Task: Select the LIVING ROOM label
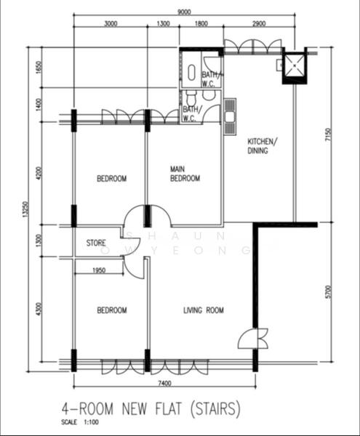pos(203,310)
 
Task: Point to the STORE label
pos(97,243)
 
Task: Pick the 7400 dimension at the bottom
pos(164,383)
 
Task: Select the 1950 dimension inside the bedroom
pos(100,271)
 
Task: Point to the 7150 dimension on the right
pos(329,135)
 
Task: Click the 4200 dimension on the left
pos(39,174)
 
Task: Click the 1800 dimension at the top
pos(201,25)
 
